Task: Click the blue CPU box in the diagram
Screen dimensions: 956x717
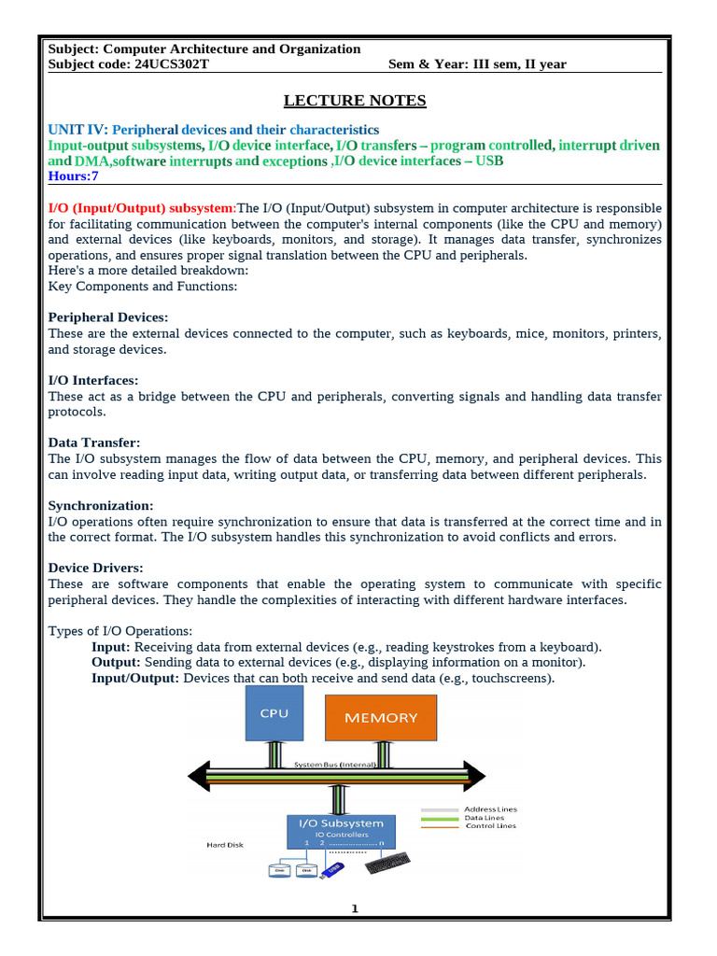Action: pos(274,713)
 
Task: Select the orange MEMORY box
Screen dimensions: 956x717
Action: pos(381,718)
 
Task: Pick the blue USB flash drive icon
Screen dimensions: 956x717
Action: pos(333,868)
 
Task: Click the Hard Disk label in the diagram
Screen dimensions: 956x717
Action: pos(225,844)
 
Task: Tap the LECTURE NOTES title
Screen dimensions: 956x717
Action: pos(355,101)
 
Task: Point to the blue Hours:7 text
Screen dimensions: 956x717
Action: pos(74,176)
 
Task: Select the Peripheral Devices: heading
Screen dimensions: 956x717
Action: pos(108,317)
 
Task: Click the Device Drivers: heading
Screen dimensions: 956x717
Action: pos(95,568)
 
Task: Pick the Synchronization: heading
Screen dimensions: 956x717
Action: pos(100,505)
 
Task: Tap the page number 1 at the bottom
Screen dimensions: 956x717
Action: pos(355,909)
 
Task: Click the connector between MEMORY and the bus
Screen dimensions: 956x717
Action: pos(382,752)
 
